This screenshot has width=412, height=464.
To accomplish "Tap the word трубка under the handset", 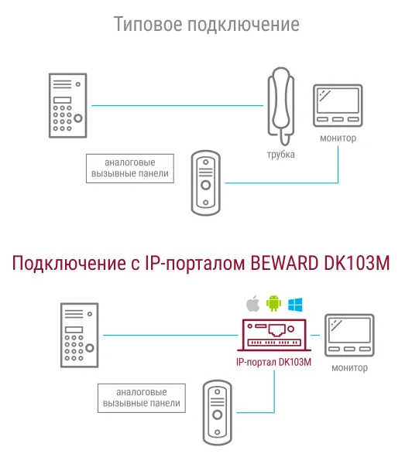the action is tap(280, 155).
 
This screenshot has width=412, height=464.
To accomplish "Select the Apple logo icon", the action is tap(252, 303).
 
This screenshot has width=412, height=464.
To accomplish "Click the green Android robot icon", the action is tap(273, 303).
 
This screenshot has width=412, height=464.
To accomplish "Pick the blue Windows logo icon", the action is tap(295, 305).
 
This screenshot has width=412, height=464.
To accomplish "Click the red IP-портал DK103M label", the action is tap(273, 362).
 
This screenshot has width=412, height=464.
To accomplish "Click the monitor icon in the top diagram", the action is tap(338, 106).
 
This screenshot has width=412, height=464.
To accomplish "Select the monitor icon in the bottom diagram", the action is tap(349, 336).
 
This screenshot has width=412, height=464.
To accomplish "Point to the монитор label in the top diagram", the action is tap(338, 138).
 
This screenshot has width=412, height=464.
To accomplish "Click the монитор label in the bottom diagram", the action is tap(349, 368).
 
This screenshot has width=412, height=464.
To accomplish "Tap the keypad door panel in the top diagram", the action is tap(68, 106).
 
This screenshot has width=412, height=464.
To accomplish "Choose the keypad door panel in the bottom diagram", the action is tap(80, 336).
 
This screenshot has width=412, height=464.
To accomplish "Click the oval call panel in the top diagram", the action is tap(206, 183).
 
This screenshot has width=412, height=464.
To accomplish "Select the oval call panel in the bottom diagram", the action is tap(218, 412).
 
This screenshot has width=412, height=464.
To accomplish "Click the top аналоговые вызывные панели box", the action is tap(130, 169).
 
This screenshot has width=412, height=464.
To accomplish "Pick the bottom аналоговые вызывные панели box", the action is tap(142, 398).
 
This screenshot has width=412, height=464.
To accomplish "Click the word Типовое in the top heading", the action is tap(148, 24).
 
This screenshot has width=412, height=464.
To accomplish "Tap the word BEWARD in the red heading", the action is tap(284, 263).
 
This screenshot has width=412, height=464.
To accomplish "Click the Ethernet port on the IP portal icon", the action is tap(276, 330).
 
